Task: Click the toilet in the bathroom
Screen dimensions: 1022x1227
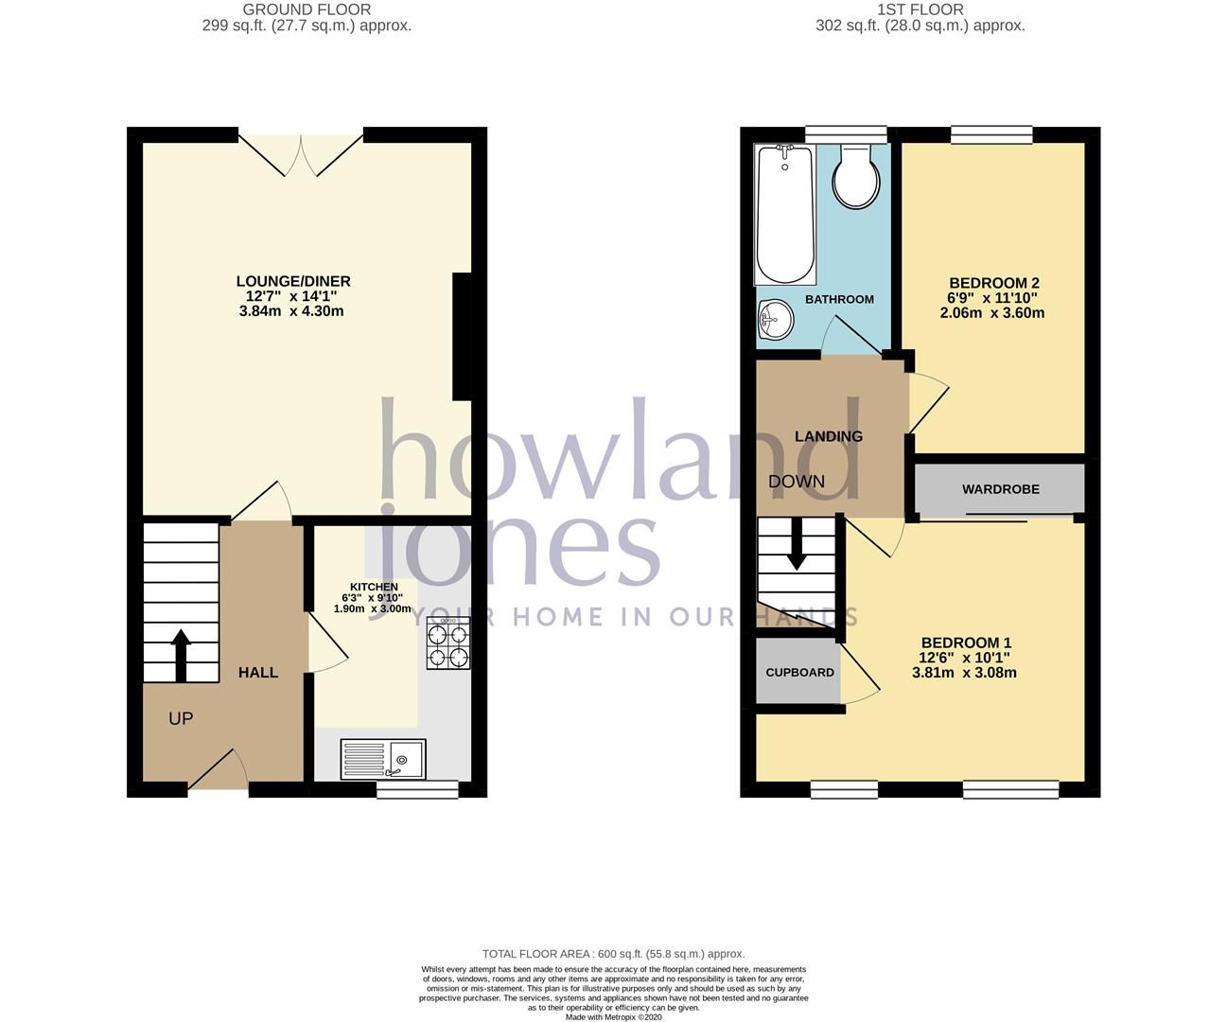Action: tap(856, 176)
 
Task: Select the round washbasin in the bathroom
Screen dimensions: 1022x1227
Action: tap(776, 319)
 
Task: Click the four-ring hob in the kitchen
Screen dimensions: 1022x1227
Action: tap(448, 643)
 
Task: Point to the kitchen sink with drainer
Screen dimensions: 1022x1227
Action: tap(383, 759)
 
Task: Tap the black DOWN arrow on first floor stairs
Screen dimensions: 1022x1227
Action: tap(797, 544)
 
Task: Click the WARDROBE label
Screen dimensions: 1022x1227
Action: tap(1000, 489)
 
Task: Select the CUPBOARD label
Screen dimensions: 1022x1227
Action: tap(799, 673)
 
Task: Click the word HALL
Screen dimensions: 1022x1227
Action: tap(257, 673)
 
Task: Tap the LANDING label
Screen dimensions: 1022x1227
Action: tap(828, 436)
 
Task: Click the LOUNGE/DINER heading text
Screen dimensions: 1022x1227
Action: tap(293, 281)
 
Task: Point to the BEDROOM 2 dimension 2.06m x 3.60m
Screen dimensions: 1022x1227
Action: tap(992, 313)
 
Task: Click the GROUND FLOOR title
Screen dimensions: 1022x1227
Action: tap(307, 9)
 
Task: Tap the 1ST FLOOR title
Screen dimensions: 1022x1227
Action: tap(920, 9)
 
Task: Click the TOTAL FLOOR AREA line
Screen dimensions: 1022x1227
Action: tap(613, 954)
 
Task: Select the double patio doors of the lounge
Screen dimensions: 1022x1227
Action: tap(301, 151)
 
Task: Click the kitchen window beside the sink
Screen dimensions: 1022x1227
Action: tap(417, 788)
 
